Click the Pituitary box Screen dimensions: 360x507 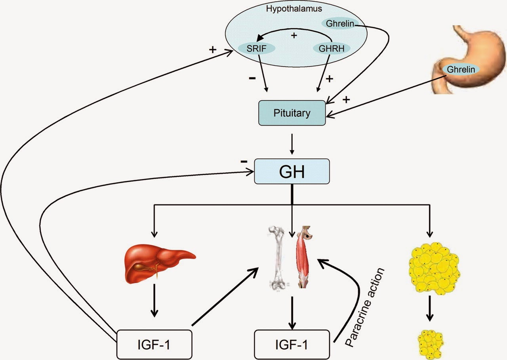coord(292,113)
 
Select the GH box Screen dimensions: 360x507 coord(292,171)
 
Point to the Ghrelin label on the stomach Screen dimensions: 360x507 coord(460,69)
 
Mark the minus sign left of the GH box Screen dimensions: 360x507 coord(244,162)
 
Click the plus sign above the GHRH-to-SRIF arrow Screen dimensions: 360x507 coord(294,36)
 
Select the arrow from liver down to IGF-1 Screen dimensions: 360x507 coord(154,305)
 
